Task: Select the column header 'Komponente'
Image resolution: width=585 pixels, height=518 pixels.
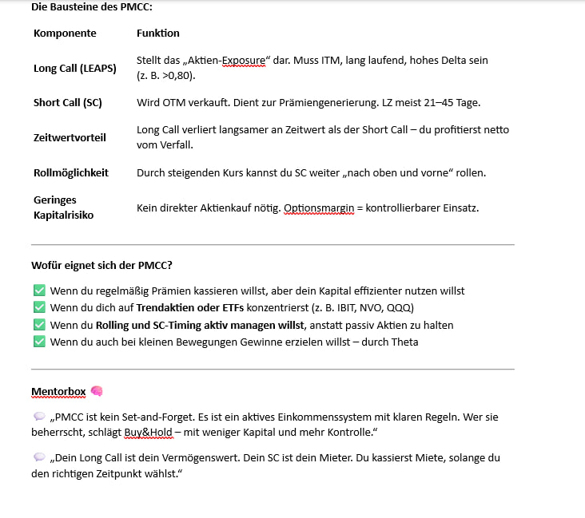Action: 65,34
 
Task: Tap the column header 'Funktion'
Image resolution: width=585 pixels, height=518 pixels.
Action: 157,34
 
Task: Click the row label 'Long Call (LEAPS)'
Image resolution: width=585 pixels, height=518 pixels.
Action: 75,68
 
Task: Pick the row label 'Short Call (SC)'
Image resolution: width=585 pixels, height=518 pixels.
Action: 68,103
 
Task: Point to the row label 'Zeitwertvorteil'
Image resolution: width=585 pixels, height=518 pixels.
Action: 70,137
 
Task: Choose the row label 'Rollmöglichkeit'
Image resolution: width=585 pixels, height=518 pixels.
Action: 71,172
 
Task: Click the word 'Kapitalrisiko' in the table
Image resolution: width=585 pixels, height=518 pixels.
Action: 64,215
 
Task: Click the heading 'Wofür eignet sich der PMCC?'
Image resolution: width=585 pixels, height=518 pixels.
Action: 101,265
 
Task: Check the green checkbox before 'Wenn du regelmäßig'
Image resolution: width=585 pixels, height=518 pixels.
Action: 39,291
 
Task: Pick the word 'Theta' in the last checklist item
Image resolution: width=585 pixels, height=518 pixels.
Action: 404,342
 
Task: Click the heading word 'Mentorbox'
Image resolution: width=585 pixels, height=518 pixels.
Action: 58,391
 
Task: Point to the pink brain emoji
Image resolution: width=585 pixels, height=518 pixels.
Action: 97,391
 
